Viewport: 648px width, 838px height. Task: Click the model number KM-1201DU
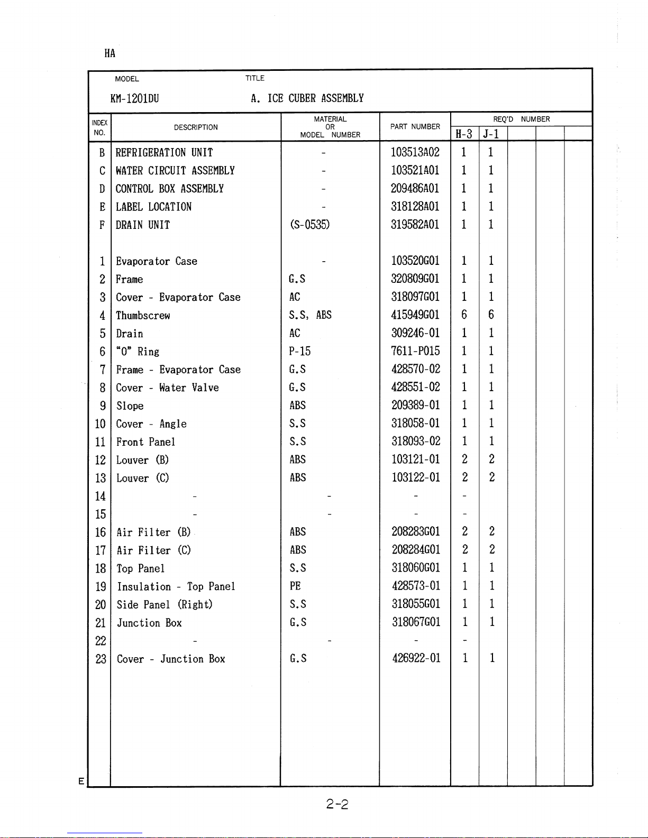tap(134, 99)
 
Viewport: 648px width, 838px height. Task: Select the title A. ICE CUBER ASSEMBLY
tap(307, 98)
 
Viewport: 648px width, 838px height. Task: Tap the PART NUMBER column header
tap(415, 127)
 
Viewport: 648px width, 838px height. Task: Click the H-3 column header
tap(464, 134)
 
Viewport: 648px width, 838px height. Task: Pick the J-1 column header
tap(491, 134)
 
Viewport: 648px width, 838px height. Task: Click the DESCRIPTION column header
tap(196, 127)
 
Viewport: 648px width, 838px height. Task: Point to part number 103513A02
tap(415, 153)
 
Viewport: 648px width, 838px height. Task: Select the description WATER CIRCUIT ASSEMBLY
tap(175, 171)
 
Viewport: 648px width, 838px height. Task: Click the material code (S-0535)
tap(309, 225)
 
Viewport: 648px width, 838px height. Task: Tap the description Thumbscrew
tap(143, 316)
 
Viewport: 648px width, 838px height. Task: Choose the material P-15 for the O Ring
tap(299, 352)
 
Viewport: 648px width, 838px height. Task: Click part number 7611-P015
tap(415, 351)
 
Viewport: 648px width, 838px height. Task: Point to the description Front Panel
tap(145, 442)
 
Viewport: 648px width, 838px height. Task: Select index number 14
tap(100, 496)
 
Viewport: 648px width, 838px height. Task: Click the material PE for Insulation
tap(295, 586)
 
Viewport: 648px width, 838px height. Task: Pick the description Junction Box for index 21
tap(149, 623)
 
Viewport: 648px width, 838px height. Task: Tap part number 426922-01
tap(416, 658)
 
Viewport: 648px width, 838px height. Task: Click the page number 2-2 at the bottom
tap(337, 805)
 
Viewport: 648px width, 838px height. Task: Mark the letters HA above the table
tap(109, 53)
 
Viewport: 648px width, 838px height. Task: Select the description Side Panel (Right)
tap(165, 605)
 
